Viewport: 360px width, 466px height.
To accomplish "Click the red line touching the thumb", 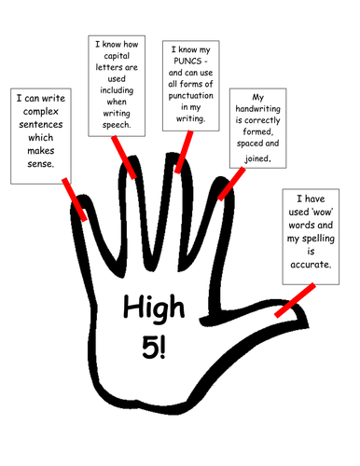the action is [291, 299].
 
